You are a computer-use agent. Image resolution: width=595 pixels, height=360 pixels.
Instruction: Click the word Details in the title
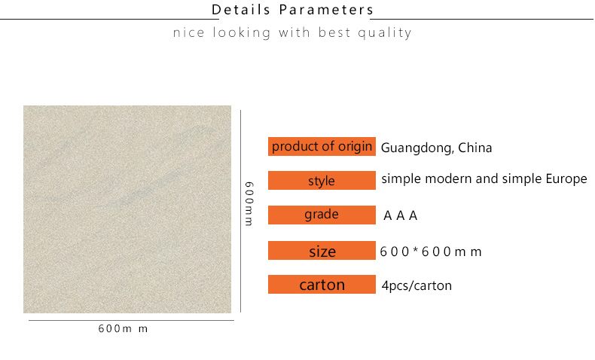(x=240, y=10)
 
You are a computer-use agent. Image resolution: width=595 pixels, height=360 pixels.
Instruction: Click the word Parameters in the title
(x=326, y=10)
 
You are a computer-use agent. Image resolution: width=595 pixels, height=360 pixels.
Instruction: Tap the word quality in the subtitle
(x=385, y=33)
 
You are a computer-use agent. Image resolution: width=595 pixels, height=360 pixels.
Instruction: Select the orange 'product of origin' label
(x=322, y=146)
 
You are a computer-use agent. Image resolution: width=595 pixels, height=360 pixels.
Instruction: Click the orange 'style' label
(x=322, y=180)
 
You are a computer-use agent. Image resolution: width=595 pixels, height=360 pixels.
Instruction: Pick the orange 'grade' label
(x=322, y=215)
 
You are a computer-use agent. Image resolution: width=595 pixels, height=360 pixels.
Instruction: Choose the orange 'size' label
(x=322, y=250)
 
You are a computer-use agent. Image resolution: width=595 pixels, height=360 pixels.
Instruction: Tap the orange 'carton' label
(x=322, y=284)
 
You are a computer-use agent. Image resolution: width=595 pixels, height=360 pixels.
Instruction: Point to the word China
(x=474, y=147)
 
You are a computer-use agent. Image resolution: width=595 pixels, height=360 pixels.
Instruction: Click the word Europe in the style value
(x=566, y=179)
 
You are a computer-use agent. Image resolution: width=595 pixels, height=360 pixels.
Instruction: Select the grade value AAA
(x=401, y=215)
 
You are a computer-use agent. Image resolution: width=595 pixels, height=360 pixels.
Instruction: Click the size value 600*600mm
(x=431, y=252)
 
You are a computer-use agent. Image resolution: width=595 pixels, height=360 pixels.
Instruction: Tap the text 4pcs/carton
(x=416, y=285)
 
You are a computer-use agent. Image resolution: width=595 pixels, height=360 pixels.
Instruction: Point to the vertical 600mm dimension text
(x=249, y=203)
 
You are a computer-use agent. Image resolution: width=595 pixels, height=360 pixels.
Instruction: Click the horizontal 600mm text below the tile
(x=123, y=328)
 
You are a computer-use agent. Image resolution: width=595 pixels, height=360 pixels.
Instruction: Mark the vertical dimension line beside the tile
(x=240, y=212)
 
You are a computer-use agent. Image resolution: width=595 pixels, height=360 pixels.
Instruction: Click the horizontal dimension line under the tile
(x=131, y=321)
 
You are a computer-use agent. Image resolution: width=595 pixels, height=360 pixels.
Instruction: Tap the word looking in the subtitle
(x=241, y=33)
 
